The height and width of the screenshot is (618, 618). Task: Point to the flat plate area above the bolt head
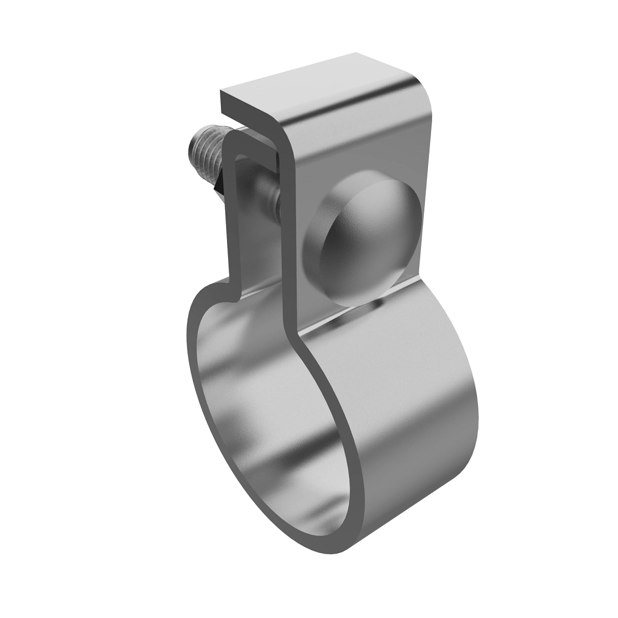pyautogui.click(x=360, y=149)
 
